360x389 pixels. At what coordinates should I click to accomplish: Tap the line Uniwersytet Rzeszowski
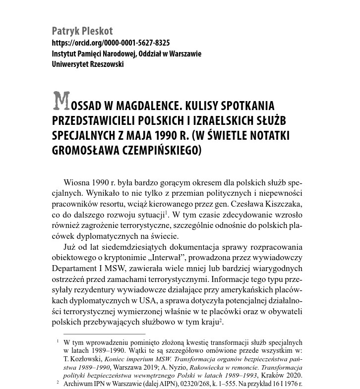click(88, 64)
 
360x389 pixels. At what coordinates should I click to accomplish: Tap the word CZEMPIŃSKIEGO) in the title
click(158, 150)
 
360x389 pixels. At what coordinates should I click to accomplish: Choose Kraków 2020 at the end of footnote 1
click(284, 375)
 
